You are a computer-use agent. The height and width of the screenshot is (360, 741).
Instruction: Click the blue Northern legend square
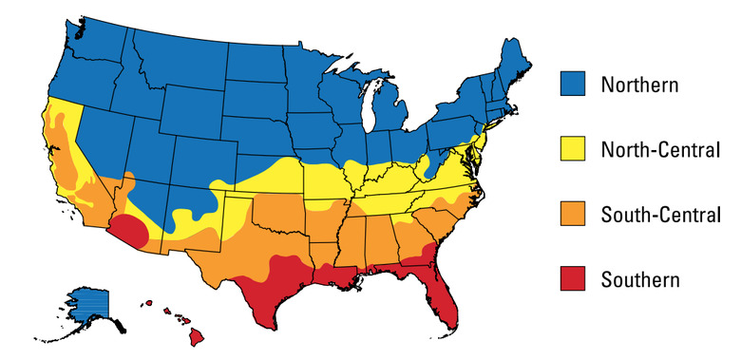(x=572, y=85)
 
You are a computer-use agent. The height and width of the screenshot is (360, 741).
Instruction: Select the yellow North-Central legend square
(x=572, y=149)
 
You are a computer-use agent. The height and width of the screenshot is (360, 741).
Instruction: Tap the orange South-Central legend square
(x=572, y=215)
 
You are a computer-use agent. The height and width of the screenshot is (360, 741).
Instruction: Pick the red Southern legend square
(x=572, y=279)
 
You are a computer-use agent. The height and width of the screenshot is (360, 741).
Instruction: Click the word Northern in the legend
(x=639, y=85)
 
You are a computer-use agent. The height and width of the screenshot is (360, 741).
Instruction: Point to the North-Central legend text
(x=661, y=149)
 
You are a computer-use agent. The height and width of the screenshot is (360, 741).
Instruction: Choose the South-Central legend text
(x=661, y=215)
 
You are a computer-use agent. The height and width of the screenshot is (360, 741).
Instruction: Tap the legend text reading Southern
(x=640, y=279)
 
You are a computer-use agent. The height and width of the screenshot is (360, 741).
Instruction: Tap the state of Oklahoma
(x=285, y=209)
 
